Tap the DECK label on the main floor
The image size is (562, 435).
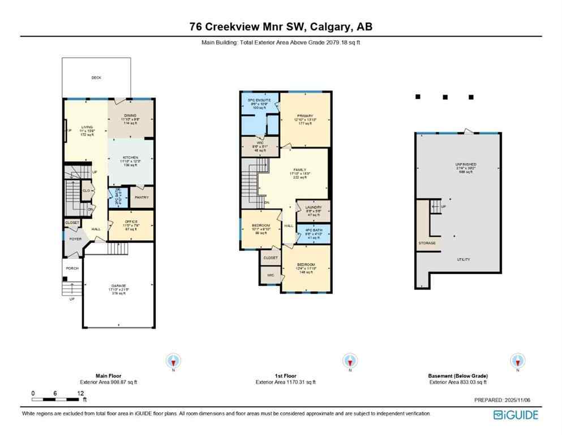pyautogui.click(x=96, y=78)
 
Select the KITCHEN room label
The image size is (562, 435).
pyautogui.click(x=130, y=157)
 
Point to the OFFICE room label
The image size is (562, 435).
pyautogui.click(x=130, y=221)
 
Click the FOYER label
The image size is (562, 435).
pyautogui.click(x=75, y=239)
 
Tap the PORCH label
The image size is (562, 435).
pyautogui.click(x=72, y=268)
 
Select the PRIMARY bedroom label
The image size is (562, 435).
pyautogui.click(x=304, y=116)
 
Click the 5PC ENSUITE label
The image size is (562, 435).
pyautogui.click(x=260, y=100)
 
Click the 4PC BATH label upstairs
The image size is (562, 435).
pyautogui.click(x=313, y=231)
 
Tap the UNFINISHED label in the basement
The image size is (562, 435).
pyautogui.click(x=459, y=164)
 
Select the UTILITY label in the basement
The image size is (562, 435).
pyautogui.click(x=464, y=259)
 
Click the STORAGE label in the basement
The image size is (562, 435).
pyautogui.click(x=427, y=243)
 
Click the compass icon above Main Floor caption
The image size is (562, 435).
pyautogui.click(x=173, y=360)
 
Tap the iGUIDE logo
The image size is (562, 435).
pyautogui.click(x=516, y=415)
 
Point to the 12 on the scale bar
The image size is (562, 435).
pyautogui.click(x=80, y=393)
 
